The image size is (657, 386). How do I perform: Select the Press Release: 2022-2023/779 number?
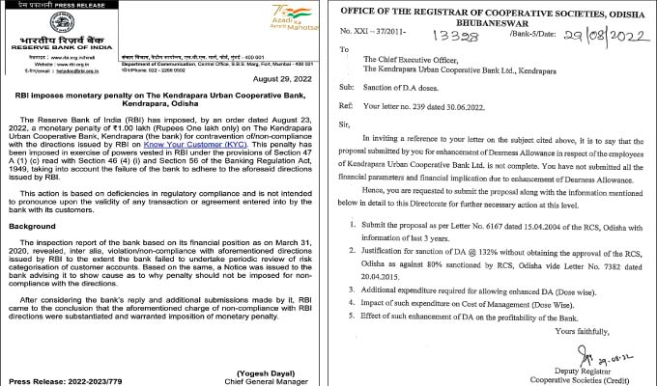click(56, 379)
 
